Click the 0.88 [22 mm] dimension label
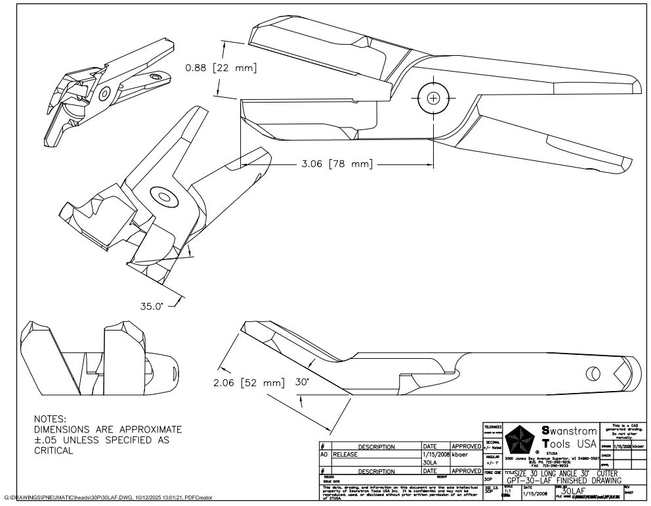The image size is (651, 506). (x=220, y=68)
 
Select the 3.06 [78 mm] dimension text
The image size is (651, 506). (x=336, y=164)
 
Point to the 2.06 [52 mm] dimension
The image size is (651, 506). (x=249, y=382)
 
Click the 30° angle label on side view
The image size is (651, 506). (x=302, y=381)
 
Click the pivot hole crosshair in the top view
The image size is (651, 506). (x=433, y=98)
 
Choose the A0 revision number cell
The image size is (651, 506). (x=324, y=454)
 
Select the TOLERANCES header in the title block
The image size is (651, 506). (x=492, y=426)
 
